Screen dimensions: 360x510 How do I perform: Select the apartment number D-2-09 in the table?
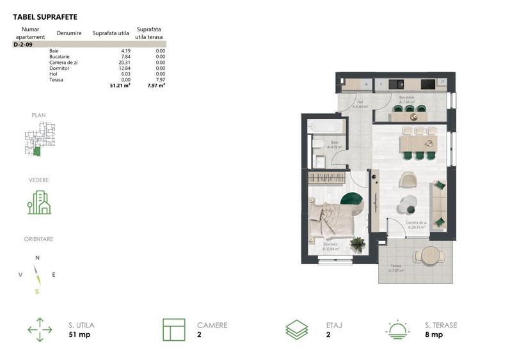(x=23, y=45)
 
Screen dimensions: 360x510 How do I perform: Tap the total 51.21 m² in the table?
(x=120, y=85)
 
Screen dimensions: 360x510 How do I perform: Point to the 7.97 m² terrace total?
(x=156, y=85)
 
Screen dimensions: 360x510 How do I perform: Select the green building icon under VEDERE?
(x=39, y=202)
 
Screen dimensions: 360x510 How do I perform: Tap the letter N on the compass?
(x=37, y=258)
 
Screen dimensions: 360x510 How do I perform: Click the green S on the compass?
(x=37, y=292)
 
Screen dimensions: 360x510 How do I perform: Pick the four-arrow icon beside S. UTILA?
(x=40, y=330)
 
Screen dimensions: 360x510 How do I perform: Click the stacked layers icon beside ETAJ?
(x=296, y=330)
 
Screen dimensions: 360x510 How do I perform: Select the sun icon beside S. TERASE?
(x=398, y=330)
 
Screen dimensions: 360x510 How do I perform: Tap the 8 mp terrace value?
(x=433, y=334)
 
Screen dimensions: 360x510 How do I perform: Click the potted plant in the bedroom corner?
(x=357, y=244)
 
